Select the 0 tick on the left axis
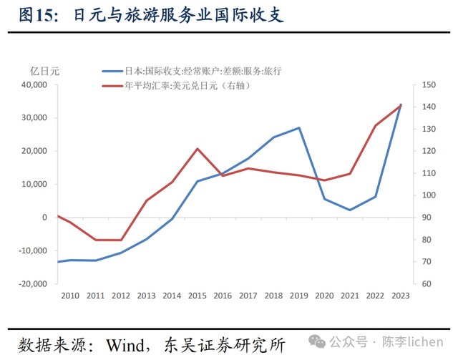[x=44, y=218]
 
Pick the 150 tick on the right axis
[x=429, y=85]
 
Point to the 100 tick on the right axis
[x=429, y=195]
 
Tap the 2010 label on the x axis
[x=70, y=296]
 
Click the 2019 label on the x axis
[x=298, y=296]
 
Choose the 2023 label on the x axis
[x=400, y=296]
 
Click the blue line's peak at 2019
[x=299, y=127]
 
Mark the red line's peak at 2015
[x=197, y=148]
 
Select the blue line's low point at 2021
[x=350, y=210]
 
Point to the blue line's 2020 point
[x=324, y=199]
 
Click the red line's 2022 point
[x=375, y=125]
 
